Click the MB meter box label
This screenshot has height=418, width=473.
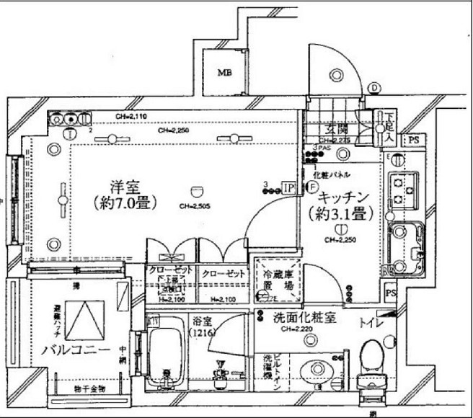225,72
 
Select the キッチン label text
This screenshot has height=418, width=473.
343,196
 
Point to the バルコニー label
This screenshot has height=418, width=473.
75,350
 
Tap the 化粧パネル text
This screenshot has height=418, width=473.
332,175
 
